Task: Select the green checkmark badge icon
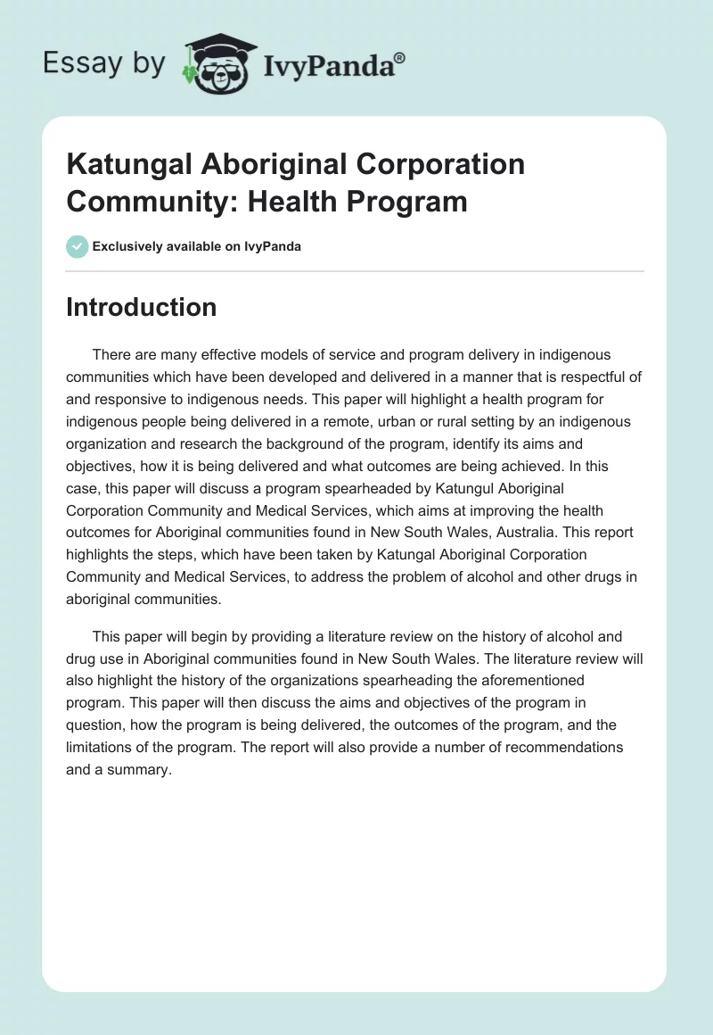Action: click(x=77, y=246)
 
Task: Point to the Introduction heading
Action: click(x=141, y=307)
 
